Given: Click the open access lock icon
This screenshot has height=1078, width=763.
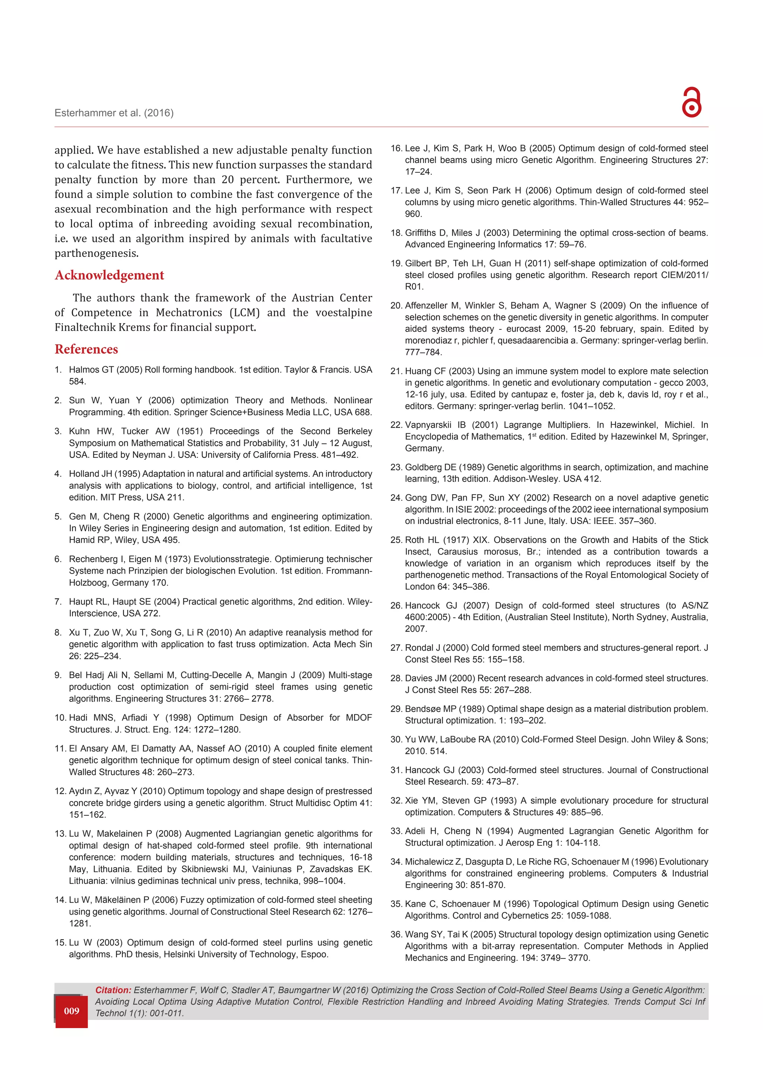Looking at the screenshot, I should coord(691,102).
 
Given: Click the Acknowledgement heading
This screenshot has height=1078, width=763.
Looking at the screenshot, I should coord(110,275).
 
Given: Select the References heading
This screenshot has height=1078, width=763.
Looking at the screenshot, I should coord(86,349).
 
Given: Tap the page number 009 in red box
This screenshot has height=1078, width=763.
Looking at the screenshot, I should coord(72,1011).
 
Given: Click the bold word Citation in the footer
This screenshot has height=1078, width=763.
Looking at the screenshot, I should coord(113,990).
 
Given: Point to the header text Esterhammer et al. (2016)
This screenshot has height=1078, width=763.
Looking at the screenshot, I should coord(114,113).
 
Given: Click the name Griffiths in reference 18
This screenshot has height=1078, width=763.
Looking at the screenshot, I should coord(421,233).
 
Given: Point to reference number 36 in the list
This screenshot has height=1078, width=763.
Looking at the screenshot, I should coord(396,934).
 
